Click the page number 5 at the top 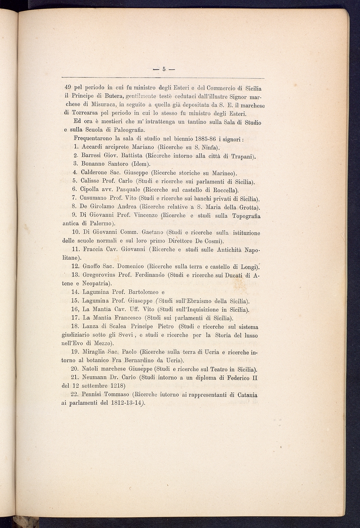click(x=163, y=69)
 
